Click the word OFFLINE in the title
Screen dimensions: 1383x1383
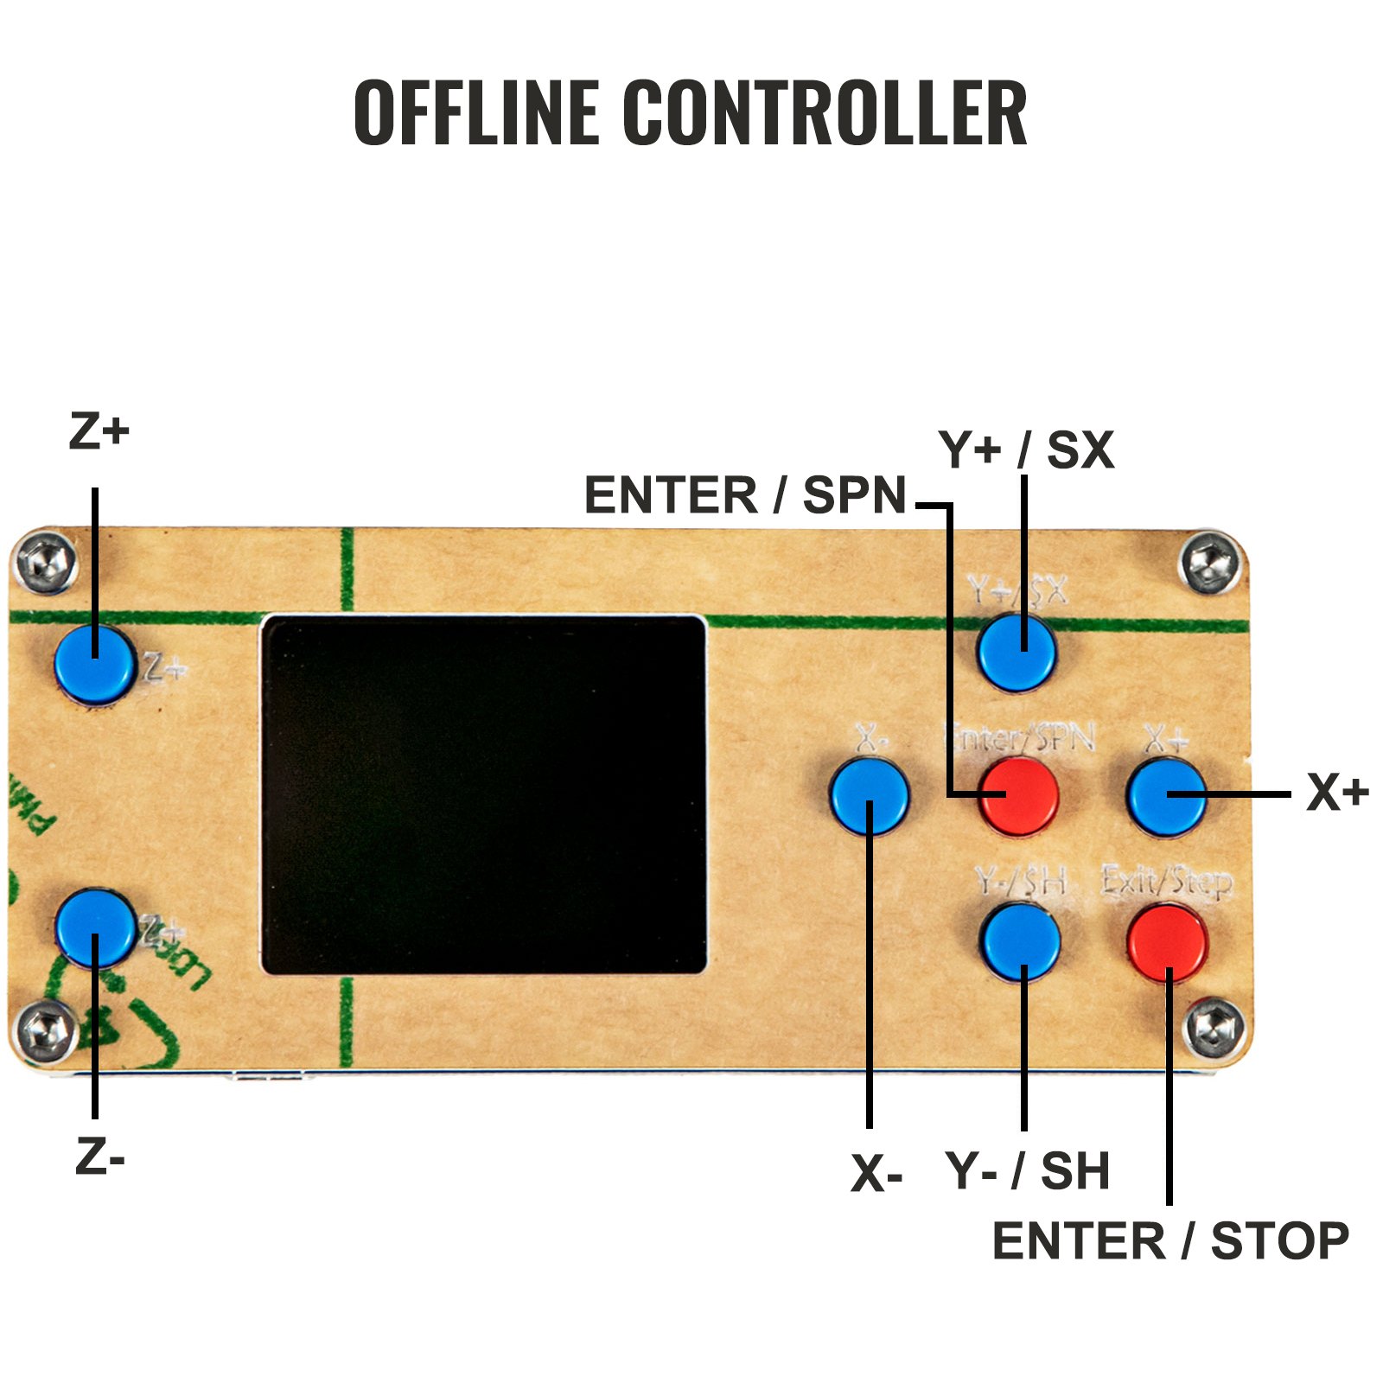click(476, 112)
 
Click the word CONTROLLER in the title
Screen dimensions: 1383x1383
click(825, 112)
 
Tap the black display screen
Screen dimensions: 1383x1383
click(483, 794)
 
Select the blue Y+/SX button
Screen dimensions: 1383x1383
click(1017, 652)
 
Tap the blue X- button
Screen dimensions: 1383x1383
click(869, 795)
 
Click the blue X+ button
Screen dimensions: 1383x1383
click(1166, 795)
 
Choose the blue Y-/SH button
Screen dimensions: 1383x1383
click(1021, 941)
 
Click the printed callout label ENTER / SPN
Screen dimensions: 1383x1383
click(745, 495)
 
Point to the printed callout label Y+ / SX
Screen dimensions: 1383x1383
click(1026, 450)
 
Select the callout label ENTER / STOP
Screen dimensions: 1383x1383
click(1170, 1241)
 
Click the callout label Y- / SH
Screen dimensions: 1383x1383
click(1028, 1170)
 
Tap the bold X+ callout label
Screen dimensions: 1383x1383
click(1337, 792)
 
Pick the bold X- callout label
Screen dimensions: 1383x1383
click(876, 1174)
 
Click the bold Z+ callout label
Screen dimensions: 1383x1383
click(99, 431)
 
